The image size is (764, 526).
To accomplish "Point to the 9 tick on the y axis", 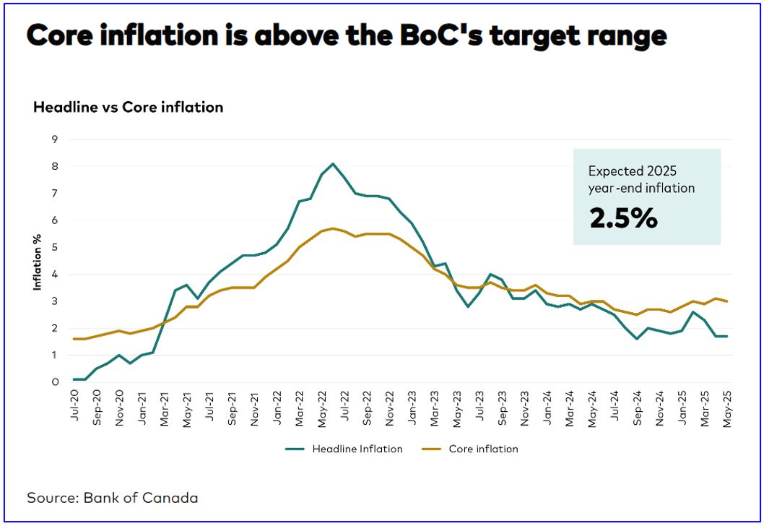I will [54, 139].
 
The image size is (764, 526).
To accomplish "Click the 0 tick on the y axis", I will [54, 382].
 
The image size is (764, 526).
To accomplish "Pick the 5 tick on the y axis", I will [54, 247].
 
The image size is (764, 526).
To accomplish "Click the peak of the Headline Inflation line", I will [333, 163].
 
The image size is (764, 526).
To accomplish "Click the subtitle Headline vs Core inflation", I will [128, 107].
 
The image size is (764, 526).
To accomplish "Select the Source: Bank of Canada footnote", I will [113, 497].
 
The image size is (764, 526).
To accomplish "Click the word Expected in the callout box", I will [612, 171].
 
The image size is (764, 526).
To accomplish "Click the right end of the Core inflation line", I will [726, 301].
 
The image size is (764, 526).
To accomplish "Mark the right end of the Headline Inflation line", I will [726, 336].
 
